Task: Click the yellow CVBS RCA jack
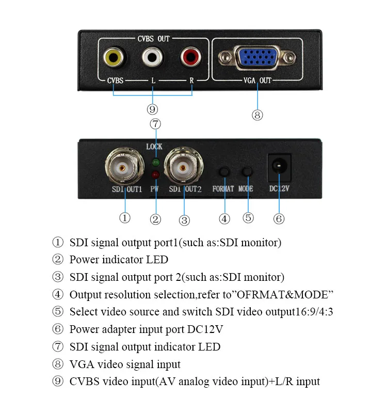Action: (x=114, y=57)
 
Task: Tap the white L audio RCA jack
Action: (x=152, y=57)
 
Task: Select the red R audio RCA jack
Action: (x=191, y=57)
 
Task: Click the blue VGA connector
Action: (x=257, y=57)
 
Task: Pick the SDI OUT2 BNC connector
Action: (x=183, y=167)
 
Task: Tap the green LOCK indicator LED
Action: (x=156, y=162)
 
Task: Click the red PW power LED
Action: (x=156, y=174)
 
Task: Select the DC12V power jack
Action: (x=279, y=167)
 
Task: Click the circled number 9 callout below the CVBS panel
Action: (x=152, y=109)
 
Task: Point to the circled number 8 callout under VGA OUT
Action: (x=257, y=115)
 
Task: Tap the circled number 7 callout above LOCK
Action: (x=155, y=124)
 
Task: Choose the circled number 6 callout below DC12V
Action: (x=279, y=218)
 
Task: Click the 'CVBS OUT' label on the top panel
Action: (x=153, y=39)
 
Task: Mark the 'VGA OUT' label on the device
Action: (x=257, y=81)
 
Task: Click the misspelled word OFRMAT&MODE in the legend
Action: (x=283, y=295)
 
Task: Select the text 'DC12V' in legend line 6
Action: (x=205, y=329)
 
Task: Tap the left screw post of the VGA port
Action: (x=225, y=57)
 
